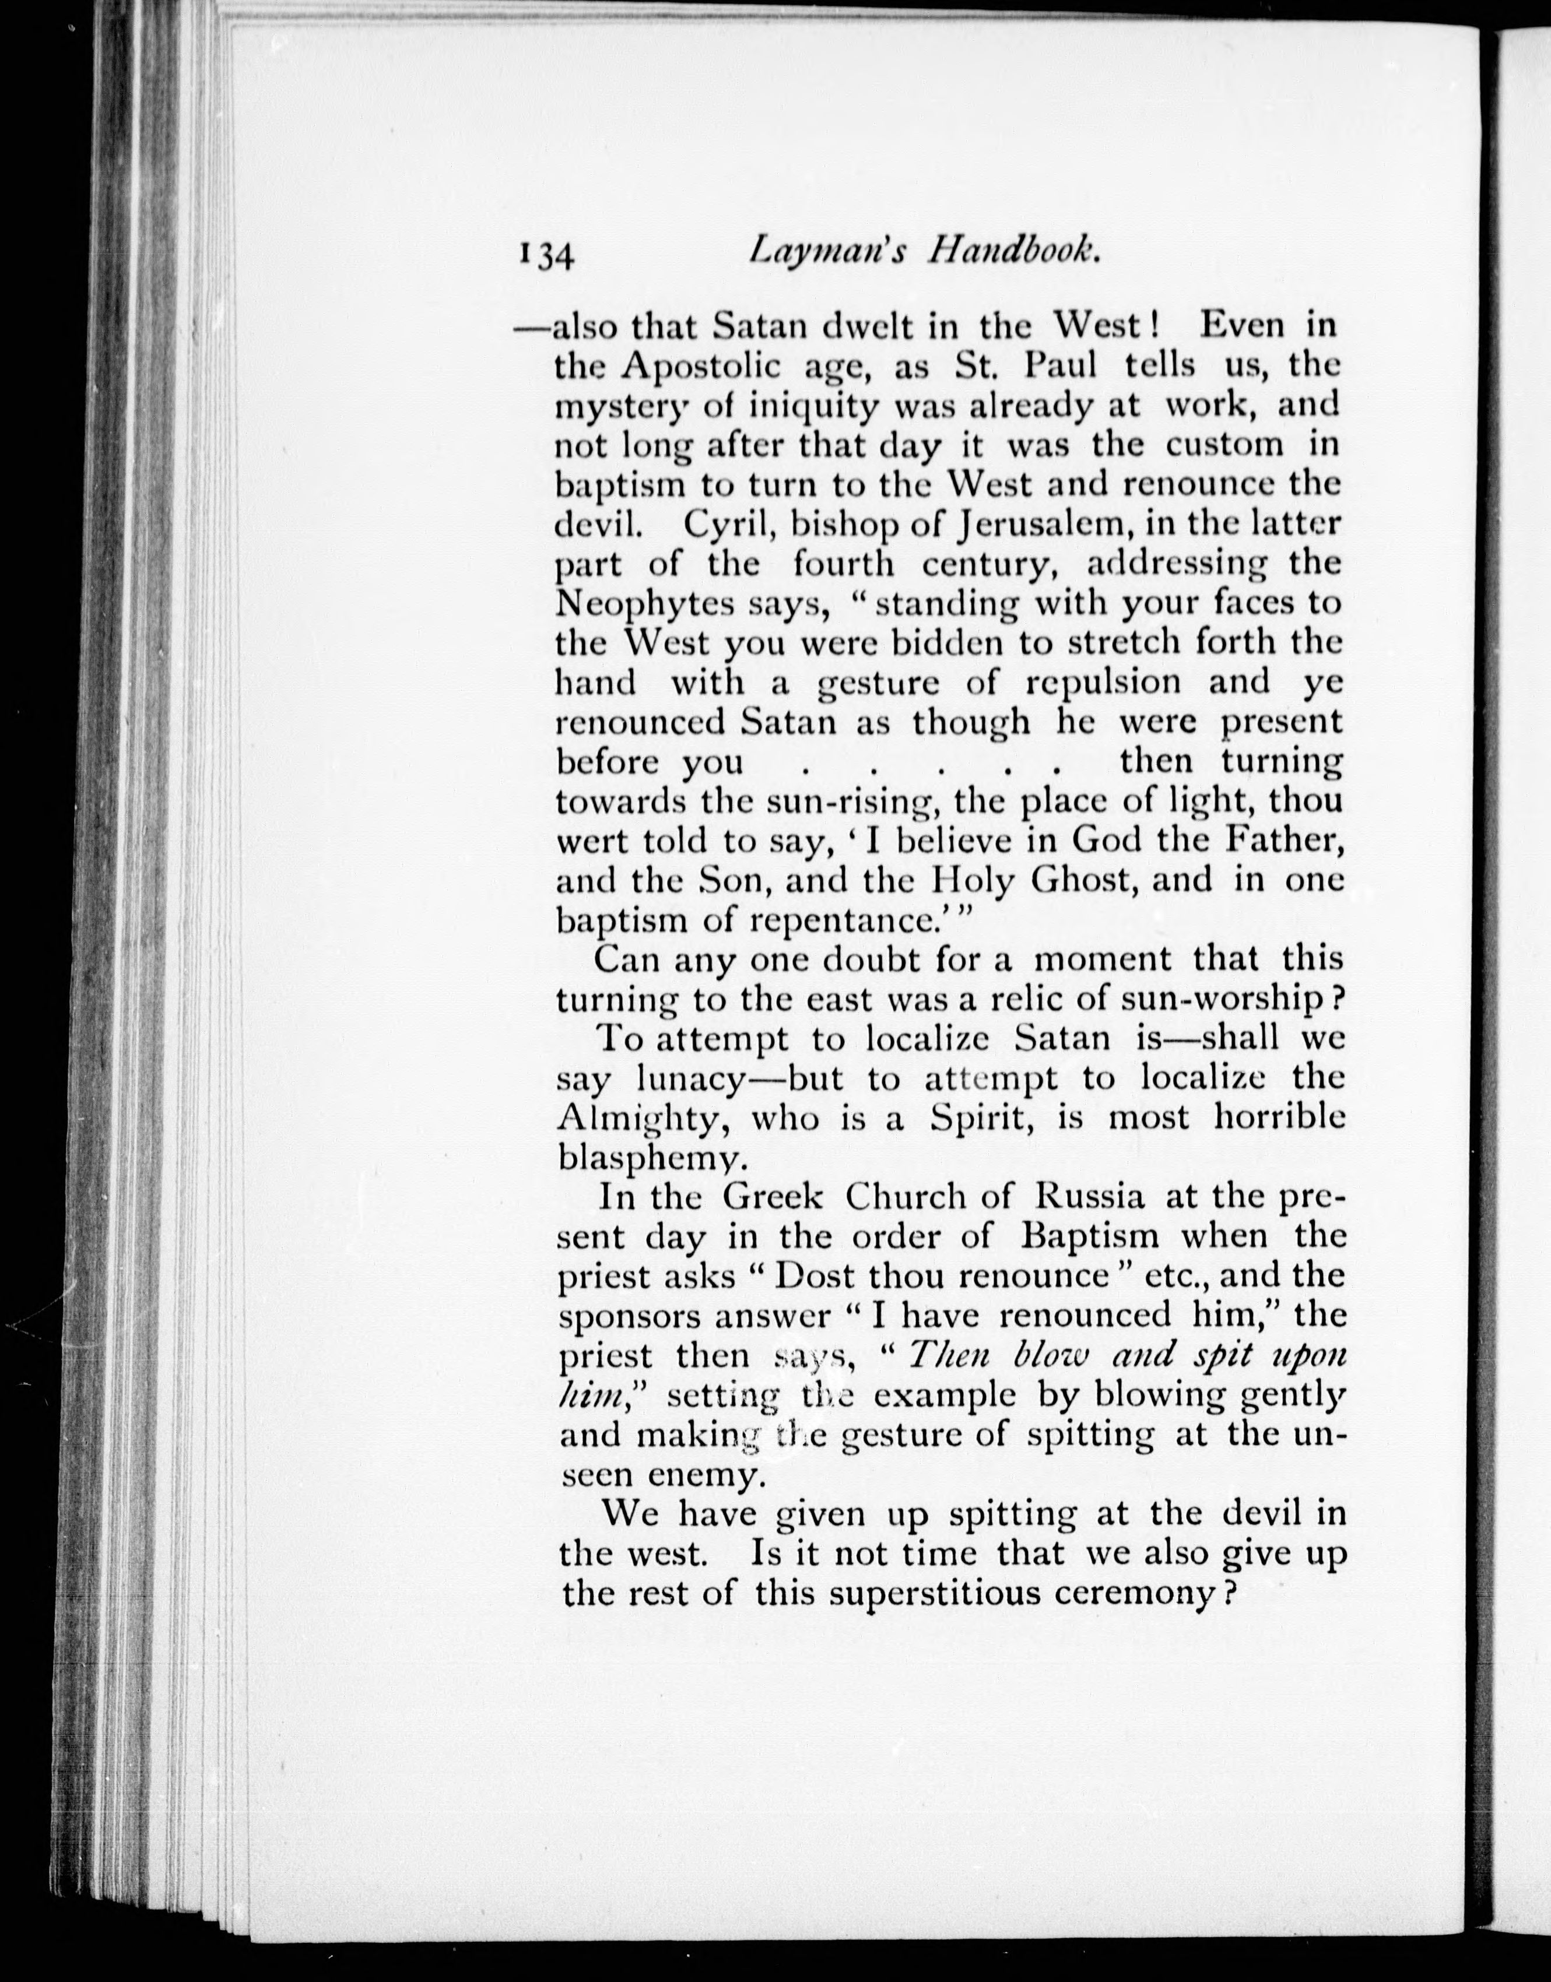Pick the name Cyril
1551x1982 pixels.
tap(727, 525)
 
